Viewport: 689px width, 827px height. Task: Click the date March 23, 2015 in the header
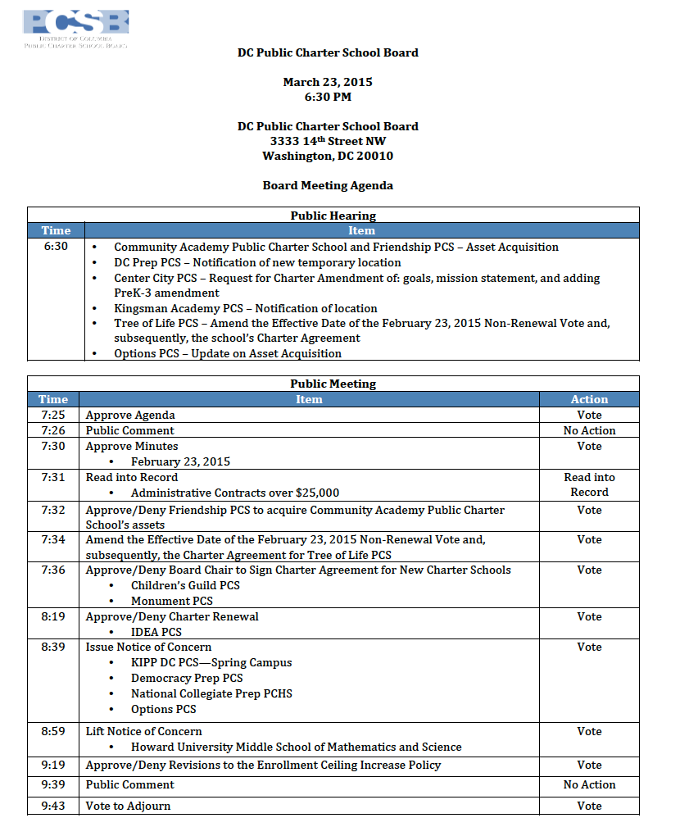[328, 82]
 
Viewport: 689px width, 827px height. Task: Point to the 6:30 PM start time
[328, 97]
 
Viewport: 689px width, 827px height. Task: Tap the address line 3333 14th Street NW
[328, 141]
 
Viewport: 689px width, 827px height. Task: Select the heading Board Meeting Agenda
[328, 185]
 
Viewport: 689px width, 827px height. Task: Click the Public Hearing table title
[333, 216]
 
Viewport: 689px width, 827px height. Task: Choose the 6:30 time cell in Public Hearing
[56, 246]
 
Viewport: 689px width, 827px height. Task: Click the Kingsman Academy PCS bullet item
[245, 308]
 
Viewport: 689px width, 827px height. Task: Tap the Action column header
[589, 399]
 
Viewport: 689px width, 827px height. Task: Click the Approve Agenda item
[130, 415]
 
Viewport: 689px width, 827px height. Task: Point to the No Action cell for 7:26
[589, 430]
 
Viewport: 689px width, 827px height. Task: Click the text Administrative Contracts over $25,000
[234, 493]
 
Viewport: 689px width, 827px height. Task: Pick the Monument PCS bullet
[171, 601]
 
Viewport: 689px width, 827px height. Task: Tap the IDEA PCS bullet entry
[156, 632]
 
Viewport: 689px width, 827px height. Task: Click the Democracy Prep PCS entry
[186, 678]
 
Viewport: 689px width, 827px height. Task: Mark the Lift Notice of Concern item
[143, 731]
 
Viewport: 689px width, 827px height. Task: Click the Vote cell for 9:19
[589, 765]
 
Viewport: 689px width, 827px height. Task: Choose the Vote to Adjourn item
[128, 806]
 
